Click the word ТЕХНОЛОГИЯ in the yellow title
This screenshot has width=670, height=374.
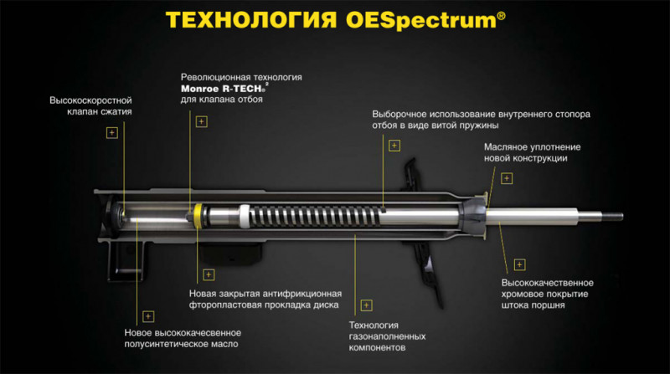250,19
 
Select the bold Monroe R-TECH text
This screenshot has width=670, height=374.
223,89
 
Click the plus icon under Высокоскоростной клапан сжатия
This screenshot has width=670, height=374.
112,133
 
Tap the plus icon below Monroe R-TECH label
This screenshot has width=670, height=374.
202,121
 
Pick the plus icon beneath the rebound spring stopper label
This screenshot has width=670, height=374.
394,146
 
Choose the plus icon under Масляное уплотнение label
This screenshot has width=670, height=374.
507,178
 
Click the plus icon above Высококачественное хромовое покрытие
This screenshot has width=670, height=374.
519,264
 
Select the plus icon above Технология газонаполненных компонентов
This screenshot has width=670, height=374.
367,305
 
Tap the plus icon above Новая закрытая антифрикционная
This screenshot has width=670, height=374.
209,274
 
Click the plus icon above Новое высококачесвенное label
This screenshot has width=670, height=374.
148,316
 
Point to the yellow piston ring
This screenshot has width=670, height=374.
198,216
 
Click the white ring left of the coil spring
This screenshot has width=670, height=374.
244,216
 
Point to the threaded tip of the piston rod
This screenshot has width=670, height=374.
612,217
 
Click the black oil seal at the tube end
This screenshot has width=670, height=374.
473,216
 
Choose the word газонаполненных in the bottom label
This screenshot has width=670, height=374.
387,336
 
